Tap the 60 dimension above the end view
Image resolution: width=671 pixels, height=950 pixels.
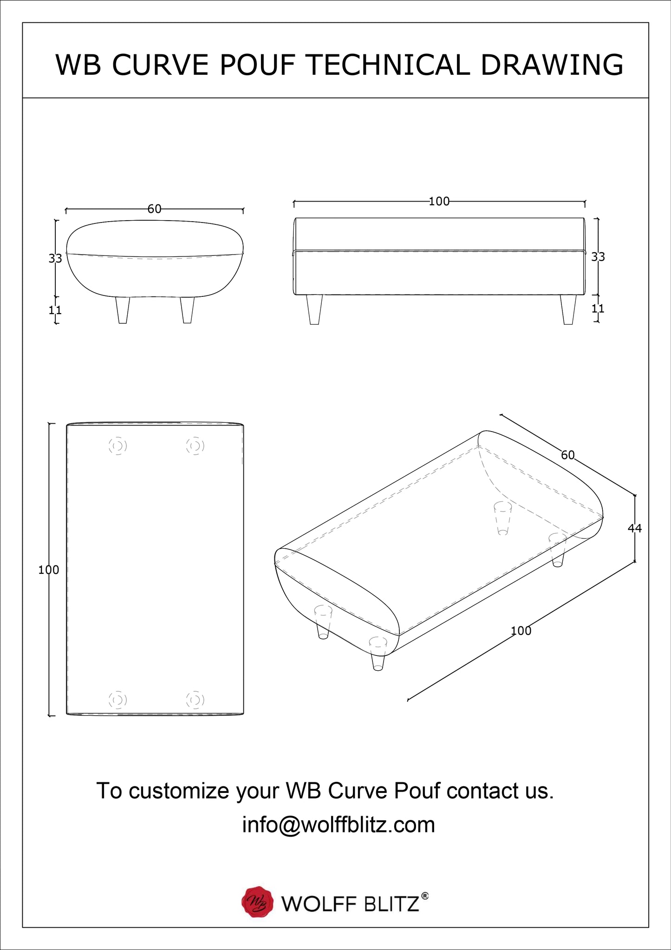pyautogui.click(x=155, y=209)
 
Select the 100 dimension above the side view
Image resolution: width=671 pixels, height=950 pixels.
pyautogui.click(x=439, y=201)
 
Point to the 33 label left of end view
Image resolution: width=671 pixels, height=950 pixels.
pyautogui.click(x=55, y=258)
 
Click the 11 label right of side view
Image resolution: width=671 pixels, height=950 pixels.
pyautogui.click(x=598, y=308)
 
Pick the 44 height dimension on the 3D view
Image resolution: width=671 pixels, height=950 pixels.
pyautogui.click(x=635, y=528)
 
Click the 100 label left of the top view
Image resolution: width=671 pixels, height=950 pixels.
pyautogui.click(x=49, y=570)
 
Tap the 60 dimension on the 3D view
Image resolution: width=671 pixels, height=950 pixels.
pyautogui.click(x=568, y=455)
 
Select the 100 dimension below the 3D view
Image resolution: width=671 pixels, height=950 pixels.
pyautogui.click(x=521, y=631)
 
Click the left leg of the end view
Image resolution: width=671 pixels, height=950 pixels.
pyautogui.click(x=123, y=310)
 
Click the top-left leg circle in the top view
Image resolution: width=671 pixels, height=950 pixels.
pyautogui.click(x=118, y=446)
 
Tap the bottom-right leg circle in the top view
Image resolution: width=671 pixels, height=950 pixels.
pyautogui.click(x=195, y=700)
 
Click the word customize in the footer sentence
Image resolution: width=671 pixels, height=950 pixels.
pyautogui.click(x=180, y=792)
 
